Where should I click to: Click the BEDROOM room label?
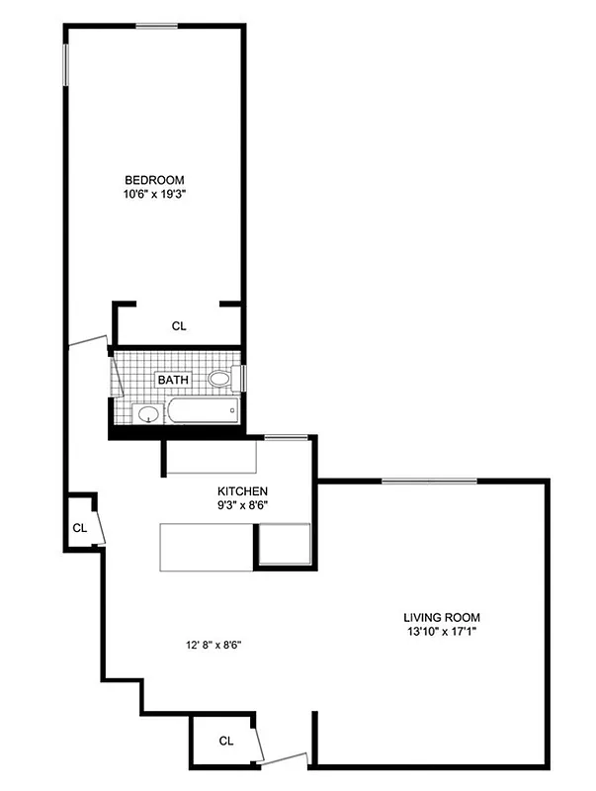154,179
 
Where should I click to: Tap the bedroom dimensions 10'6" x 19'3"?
154,194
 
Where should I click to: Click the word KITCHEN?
242,490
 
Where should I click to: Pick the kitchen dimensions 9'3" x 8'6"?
242,505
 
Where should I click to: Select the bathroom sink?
147,413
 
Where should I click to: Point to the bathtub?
203,410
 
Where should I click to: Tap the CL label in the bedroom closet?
179,324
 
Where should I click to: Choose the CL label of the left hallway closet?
80,528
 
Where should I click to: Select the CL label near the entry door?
225,741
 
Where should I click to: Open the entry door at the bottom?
285,759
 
